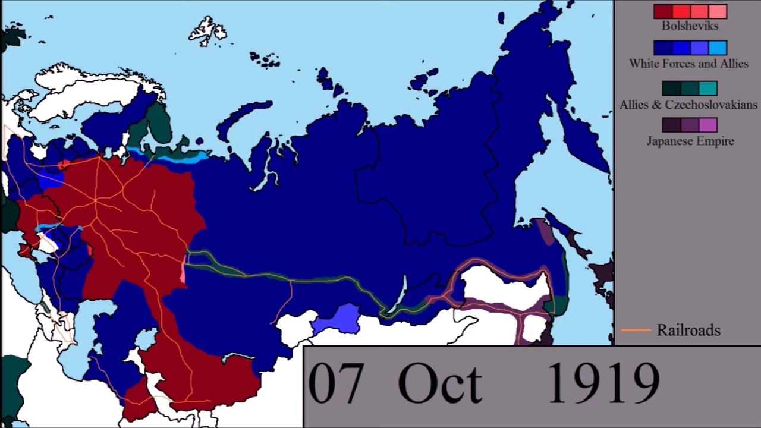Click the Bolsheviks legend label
(x=690, y=26)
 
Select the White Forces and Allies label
(x=688, y=64)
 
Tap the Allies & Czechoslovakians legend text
(x=688, y=105)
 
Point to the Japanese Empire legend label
(x=690, y=141)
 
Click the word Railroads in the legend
(x=688, y=331)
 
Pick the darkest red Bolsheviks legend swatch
(x=663, y=11)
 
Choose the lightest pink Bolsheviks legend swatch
(x=718, y=11)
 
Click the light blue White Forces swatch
(x=718, y=48)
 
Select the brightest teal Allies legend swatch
(x=708, y=89)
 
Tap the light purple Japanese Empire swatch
(x=708, y=125)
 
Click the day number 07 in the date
(x=334, y=383)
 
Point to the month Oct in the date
(x=440, y=383)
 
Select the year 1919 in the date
(x=602, y=383)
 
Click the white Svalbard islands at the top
(x=206, y=31)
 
